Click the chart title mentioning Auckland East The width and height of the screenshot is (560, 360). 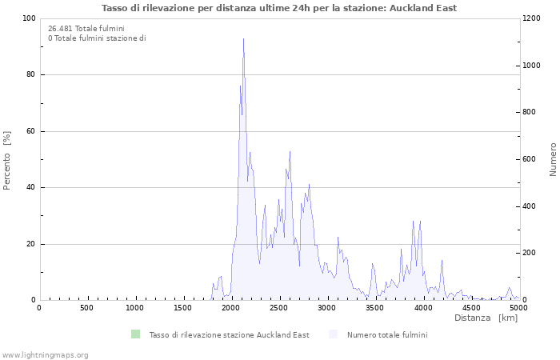pos(279,8)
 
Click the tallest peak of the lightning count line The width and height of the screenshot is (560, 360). pos(243,39)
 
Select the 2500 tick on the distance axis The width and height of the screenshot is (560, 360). pos(279,308)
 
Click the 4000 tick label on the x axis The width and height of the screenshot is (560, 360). pos(423,308)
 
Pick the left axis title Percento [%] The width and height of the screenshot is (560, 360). pos(7,160)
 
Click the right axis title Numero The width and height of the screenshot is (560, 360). pos(553,160)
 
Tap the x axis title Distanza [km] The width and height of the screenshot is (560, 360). pos(486,318)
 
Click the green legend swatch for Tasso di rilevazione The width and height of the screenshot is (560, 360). pos(135,334)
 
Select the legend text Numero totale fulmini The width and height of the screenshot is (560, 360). pos(387,334)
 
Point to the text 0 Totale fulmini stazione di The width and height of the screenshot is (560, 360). pos(97,38)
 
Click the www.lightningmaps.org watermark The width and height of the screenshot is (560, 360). pos(45,354)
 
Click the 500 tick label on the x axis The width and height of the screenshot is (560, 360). pos(87,308)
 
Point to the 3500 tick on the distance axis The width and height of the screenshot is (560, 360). pos(375,308)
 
